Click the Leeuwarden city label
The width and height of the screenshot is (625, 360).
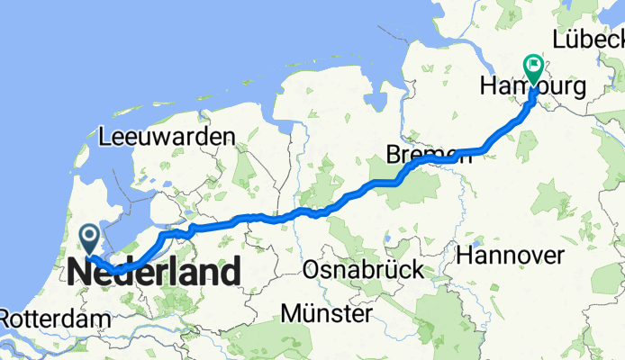click(x=168, y=137)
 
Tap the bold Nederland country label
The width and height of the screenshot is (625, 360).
click(x=154, y=271)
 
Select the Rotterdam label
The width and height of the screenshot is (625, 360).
click(x=55, y=319)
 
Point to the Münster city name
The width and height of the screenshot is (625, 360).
click(x=326, y=313)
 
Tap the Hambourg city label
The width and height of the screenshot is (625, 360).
click(x=533, y=87)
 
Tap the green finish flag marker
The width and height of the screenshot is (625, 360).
click(x=533, y=67)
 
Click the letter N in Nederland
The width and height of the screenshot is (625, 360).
click(x=79, y=271)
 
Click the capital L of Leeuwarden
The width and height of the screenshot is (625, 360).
click(x=105, y=137)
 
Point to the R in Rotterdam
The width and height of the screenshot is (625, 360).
click(x=7, y=319)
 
